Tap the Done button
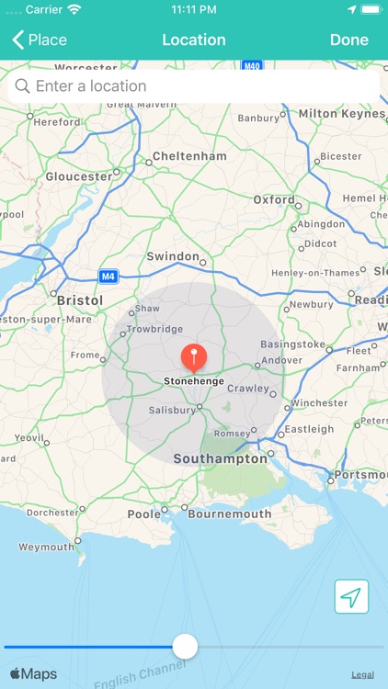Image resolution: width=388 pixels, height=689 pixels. tap(348, 40)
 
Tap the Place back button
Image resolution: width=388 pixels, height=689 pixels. tap(40, 40)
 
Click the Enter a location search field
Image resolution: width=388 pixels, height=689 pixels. tap(194, 86)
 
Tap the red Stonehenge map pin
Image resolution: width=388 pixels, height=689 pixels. tap(193, 356)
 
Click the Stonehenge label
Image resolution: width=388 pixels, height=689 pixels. tap(193, 380)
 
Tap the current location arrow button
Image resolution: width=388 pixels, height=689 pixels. tap(350, 597)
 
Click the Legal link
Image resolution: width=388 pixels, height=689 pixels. tap(362, 674)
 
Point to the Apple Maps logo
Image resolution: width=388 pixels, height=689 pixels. tap(34, 674)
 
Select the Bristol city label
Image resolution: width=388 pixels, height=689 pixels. tap(80, 300)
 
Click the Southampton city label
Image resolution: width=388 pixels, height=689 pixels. tap(220, 458)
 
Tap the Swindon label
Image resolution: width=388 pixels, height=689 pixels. tap(173, 256)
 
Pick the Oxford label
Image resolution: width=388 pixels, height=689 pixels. tap(274, 199)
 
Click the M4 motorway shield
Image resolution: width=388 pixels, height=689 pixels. tap(108, 276)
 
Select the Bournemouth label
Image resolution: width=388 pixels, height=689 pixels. tap(229, 514)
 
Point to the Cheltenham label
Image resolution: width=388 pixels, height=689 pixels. tap(189, 156)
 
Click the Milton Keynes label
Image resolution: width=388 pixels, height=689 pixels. tap(342, 112)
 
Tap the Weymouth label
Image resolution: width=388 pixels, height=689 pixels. tap(46, 547)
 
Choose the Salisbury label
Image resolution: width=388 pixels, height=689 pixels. tap(172, 412)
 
